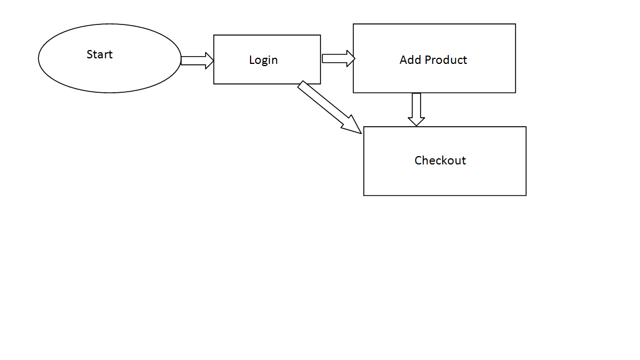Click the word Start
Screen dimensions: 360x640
(99, 54)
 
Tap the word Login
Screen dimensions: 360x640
(263, 60)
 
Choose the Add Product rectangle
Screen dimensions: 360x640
(434, 78)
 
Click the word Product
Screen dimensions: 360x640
(446, 60)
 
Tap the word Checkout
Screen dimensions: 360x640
(440, 161)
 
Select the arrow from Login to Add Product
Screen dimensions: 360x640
(337, 58)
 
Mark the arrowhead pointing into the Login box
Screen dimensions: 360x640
(209, 61)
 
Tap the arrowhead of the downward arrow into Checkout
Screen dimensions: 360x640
(416, 121)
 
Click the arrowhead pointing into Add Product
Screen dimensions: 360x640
(351, 58)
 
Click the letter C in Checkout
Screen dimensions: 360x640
(418, 161)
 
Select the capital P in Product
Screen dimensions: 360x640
(428, 60)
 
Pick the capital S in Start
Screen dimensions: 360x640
(89, 54)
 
